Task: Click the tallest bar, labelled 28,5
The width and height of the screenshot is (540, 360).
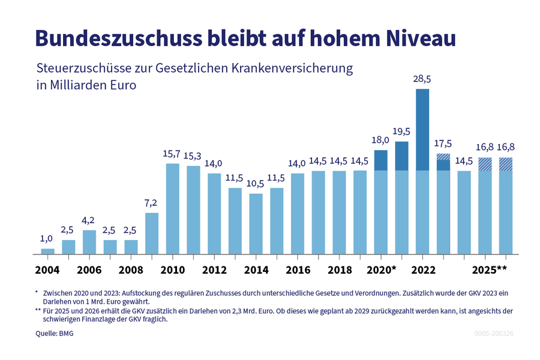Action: click(x=422, y=171)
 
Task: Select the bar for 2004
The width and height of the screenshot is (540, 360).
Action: click(x=47, y=251)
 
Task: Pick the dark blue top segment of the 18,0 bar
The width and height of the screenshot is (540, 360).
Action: click(x=380, y=160)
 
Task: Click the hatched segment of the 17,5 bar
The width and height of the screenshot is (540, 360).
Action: click(x=443, y=157)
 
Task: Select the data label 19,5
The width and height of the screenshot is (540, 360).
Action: click(x=401, y=131)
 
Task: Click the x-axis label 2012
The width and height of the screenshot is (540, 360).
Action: click(x=214, y=270)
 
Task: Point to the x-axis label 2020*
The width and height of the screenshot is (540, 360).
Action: click(x=382, y=270)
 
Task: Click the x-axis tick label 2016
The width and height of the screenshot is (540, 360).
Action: click(x=298, y=270)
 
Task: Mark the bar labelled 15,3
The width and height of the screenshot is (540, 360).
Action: click(x=193, y=210)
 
